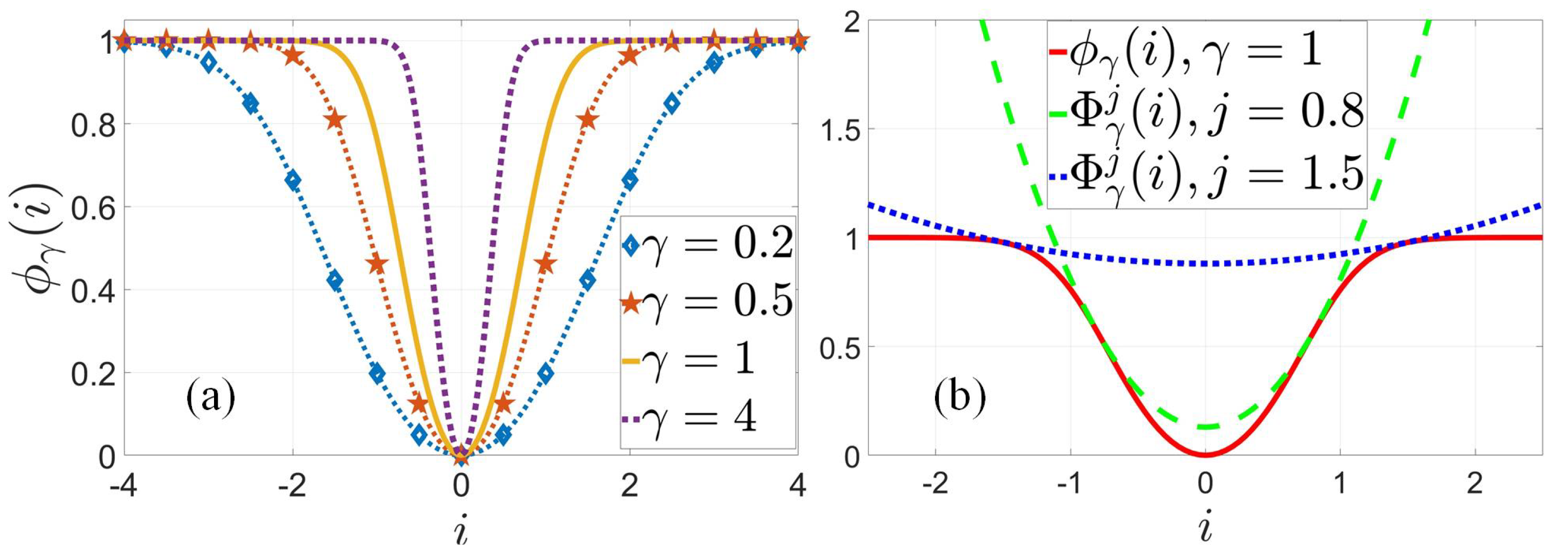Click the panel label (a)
tap(210, 398)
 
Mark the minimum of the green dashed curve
tap(1205, 428)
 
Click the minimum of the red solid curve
tap(1205, 454)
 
